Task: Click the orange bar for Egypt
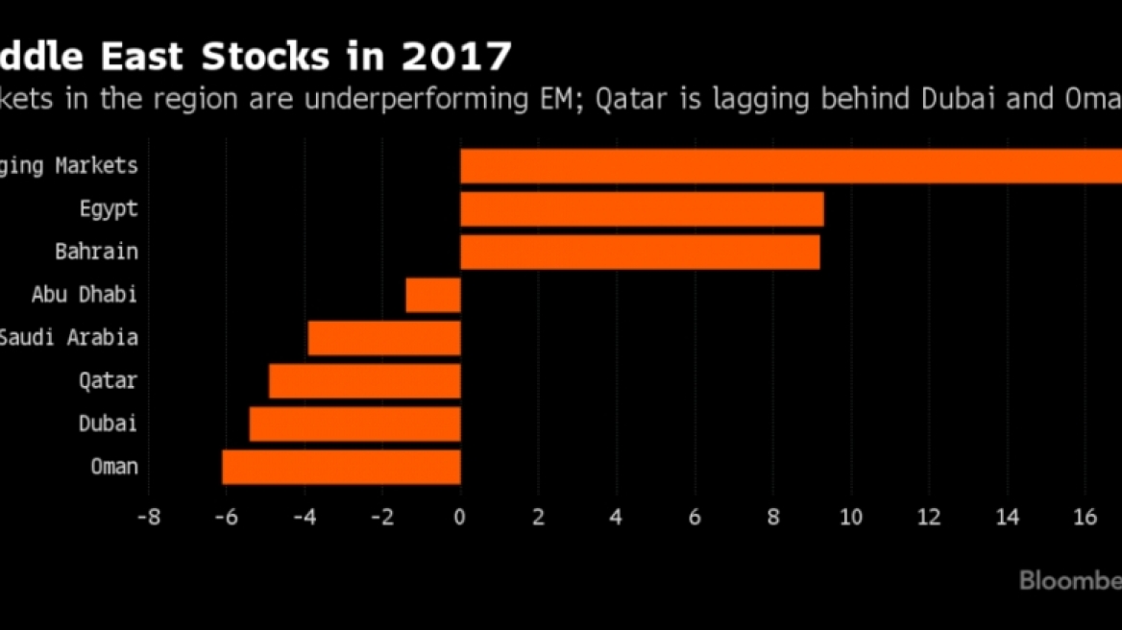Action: (642, 209)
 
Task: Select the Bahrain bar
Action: (640, 252)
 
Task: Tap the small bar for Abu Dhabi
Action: (433, 295)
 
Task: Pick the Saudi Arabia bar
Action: (384, 338)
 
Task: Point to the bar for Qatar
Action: (365, 380)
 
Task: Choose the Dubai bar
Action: (355, 424)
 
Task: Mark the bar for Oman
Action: (341, 467)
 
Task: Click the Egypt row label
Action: (110, 209)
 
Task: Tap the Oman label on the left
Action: (114, 467)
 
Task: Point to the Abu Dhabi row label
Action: (84, 295)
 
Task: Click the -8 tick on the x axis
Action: (149, 517)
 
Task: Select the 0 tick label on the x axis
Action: (461, 517)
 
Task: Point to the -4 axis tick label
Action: (305, 517)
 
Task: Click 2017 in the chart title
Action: (456, 57)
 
